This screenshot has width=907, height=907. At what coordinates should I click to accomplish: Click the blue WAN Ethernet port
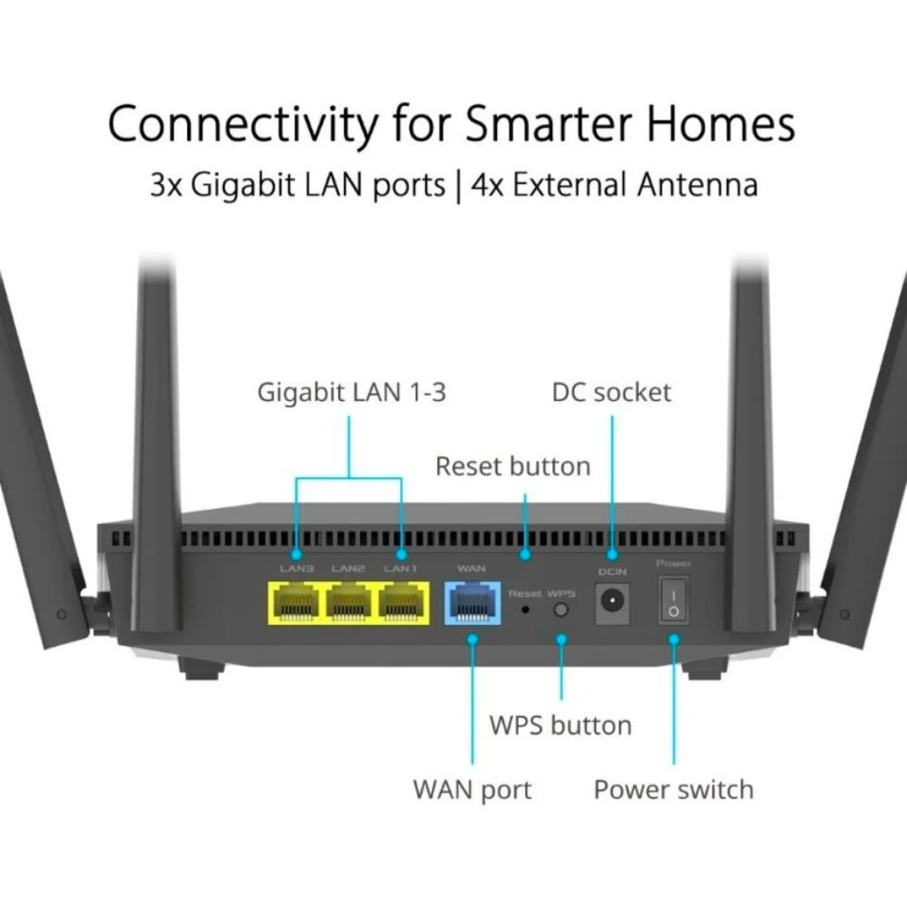pos(472,603)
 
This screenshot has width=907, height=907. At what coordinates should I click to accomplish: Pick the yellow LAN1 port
pos(402,603)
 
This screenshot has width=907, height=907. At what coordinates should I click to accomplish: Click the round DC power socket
pos(611,600)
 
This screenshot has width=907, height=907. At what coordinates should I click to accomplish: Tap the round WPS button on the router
pos(561,610)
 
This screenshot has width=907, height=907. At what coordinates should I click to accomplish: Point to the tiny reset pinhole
pos(525,610)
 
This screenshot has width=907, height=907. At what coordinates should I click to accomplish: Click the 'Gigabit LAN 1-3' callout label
pos(352,392)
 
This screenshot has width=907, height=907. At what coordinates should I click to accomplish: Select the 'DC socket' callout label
pos(611,392)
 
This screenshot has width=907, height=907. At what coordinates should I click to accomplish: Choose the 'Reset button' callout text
pos(513,466)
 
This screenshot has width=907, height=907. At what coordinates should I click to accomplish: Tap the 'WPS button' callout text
pos(560,726)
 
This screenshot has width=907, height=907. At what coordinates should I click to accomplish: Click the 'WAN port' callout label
pos(472,790)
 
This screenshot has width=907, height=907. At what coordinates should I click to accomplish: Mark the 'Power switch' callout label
pos(674,790)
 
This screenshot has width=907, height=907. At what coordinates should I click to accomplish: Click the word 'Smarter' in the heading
pos(549,123)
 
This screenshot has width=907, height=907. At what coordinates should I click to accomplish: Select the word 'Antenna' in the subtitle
pos(697,185)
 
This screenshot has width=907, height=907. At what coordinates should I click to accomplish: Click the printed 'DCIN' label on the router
pos(612,571)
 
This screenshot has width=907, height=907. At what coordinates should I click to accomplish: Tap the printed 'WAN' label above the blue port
pos(472,569)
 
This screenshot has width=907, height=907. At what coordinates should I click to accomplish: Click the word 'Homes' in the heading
pos(721,123)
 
